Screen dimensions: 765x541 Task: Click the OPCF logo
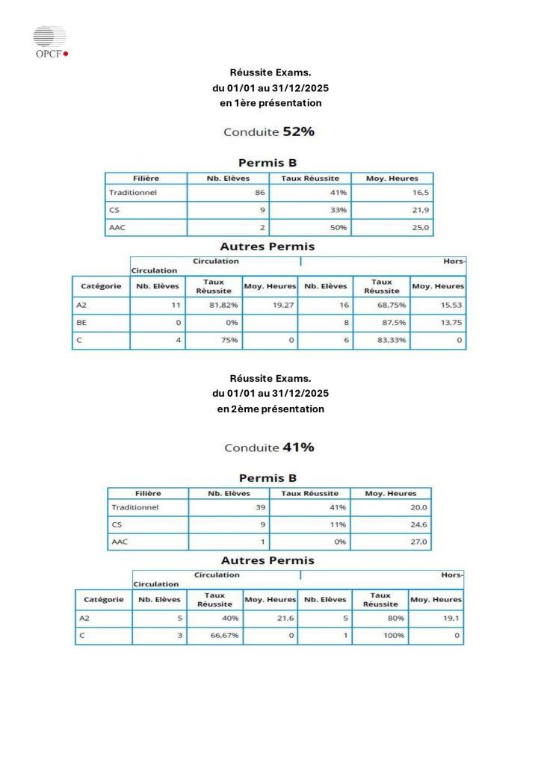[x=50, y=43]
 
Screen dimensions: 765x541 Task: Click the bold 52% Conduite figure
[x=297, y=131]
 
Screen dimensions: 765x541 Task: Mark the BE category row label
[x=82, y=323]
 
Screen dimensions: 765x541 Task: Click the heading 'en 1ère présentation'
[x=270, y=103]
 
